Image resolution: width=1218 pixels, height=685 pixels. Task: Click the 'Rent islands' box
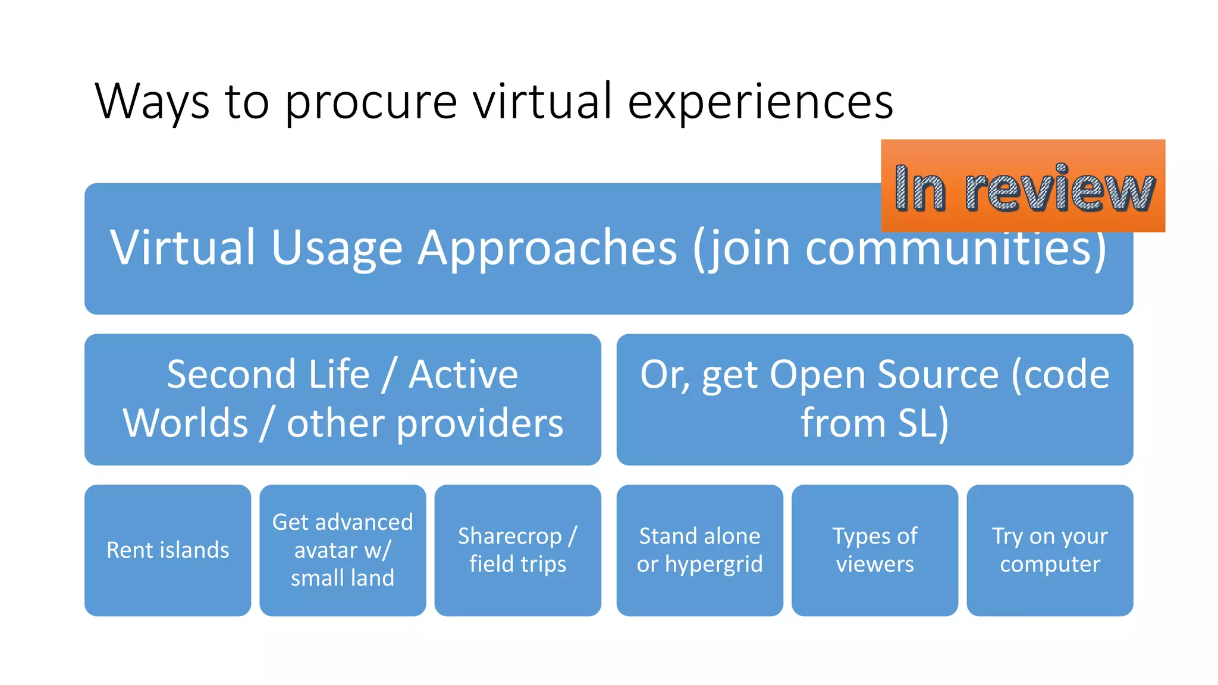pyautogui.click(x=168, y=550)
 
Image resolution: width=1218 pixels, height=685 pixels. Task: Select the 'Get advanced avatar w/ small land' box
pyautogui.click(x=343, y=550)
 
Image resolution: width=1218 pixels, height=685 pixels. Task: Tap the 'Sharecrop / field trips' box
pyautogui.click(x=517, y=550)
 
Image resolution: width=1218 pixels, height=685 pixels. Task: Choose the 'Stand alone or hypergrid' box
pyautogui.click(x=699, y=550)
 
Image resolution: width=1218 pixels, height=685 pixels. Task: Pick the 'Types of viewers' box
pyautogui.click(x=874, y=550)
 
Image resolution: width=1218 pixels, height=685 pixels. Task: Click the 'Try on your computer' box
pyautogui.click(x=1050, y=550)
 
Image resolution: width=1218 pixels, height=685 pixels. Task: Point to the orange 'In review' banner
pyautogui.click(x=1023, y=186)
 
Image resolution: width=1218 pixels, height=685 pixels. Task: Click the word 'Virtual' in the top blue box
pyautogui.click(x=183, y=247)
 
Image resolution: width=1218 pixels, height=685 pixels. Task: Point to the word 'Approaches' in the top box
pyautogui.click(x=547, y=247)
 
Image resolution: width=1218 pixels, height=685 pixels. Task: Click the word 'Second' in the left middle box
pyautogui.click(x=231, y=375)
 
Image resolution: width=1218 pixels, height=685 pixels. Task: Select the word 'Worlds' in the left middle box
pyautogui.click(x=185, y=423)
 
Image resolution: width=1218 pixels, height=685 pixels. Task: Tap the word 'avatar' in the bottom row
pyautogui.click(x=326, y=550)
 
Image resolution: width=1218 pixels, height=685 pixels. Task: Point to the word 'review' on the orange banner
pyautogui.click(x=1060, y=189)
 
